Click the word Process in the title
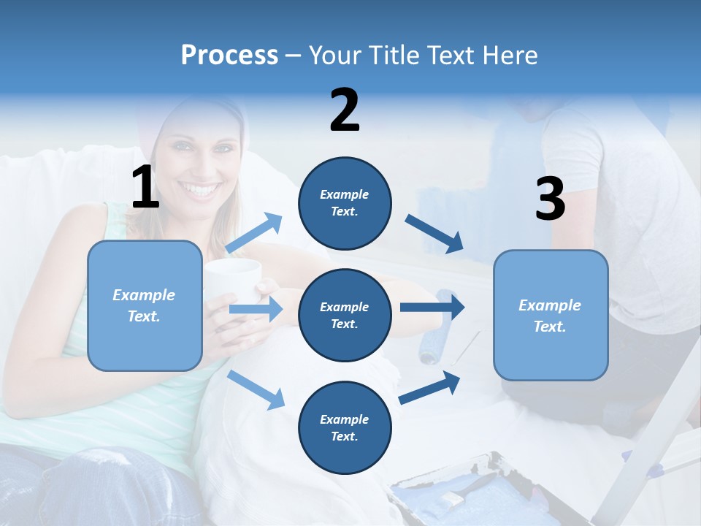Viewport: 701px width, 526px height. point(229,56)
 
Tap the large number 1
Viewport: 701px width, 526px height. point(145,188)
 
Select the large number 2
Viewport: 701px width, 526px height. point(345,110)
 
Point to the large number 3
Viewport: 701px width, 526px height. point(550,199)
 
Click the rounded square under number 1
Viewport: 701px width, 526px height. point(145,305)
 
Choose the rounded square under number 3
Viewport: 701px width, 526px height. point(551,315)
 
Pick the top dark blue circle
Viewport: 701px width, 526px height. point(345,203)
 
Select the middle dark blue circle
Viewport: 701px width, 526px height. point(345,315)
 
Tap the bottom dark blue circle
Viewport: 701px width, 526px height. point(345,427)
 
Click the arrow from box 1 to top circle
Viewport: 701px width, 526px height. point(254,234)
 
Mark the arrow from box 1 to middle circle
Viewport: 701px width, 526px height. point(256,309)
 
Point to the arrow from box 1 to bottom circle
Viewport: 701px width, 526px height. point(256,389)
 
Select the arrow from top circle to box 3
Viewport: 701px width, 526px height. point(434,234)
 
